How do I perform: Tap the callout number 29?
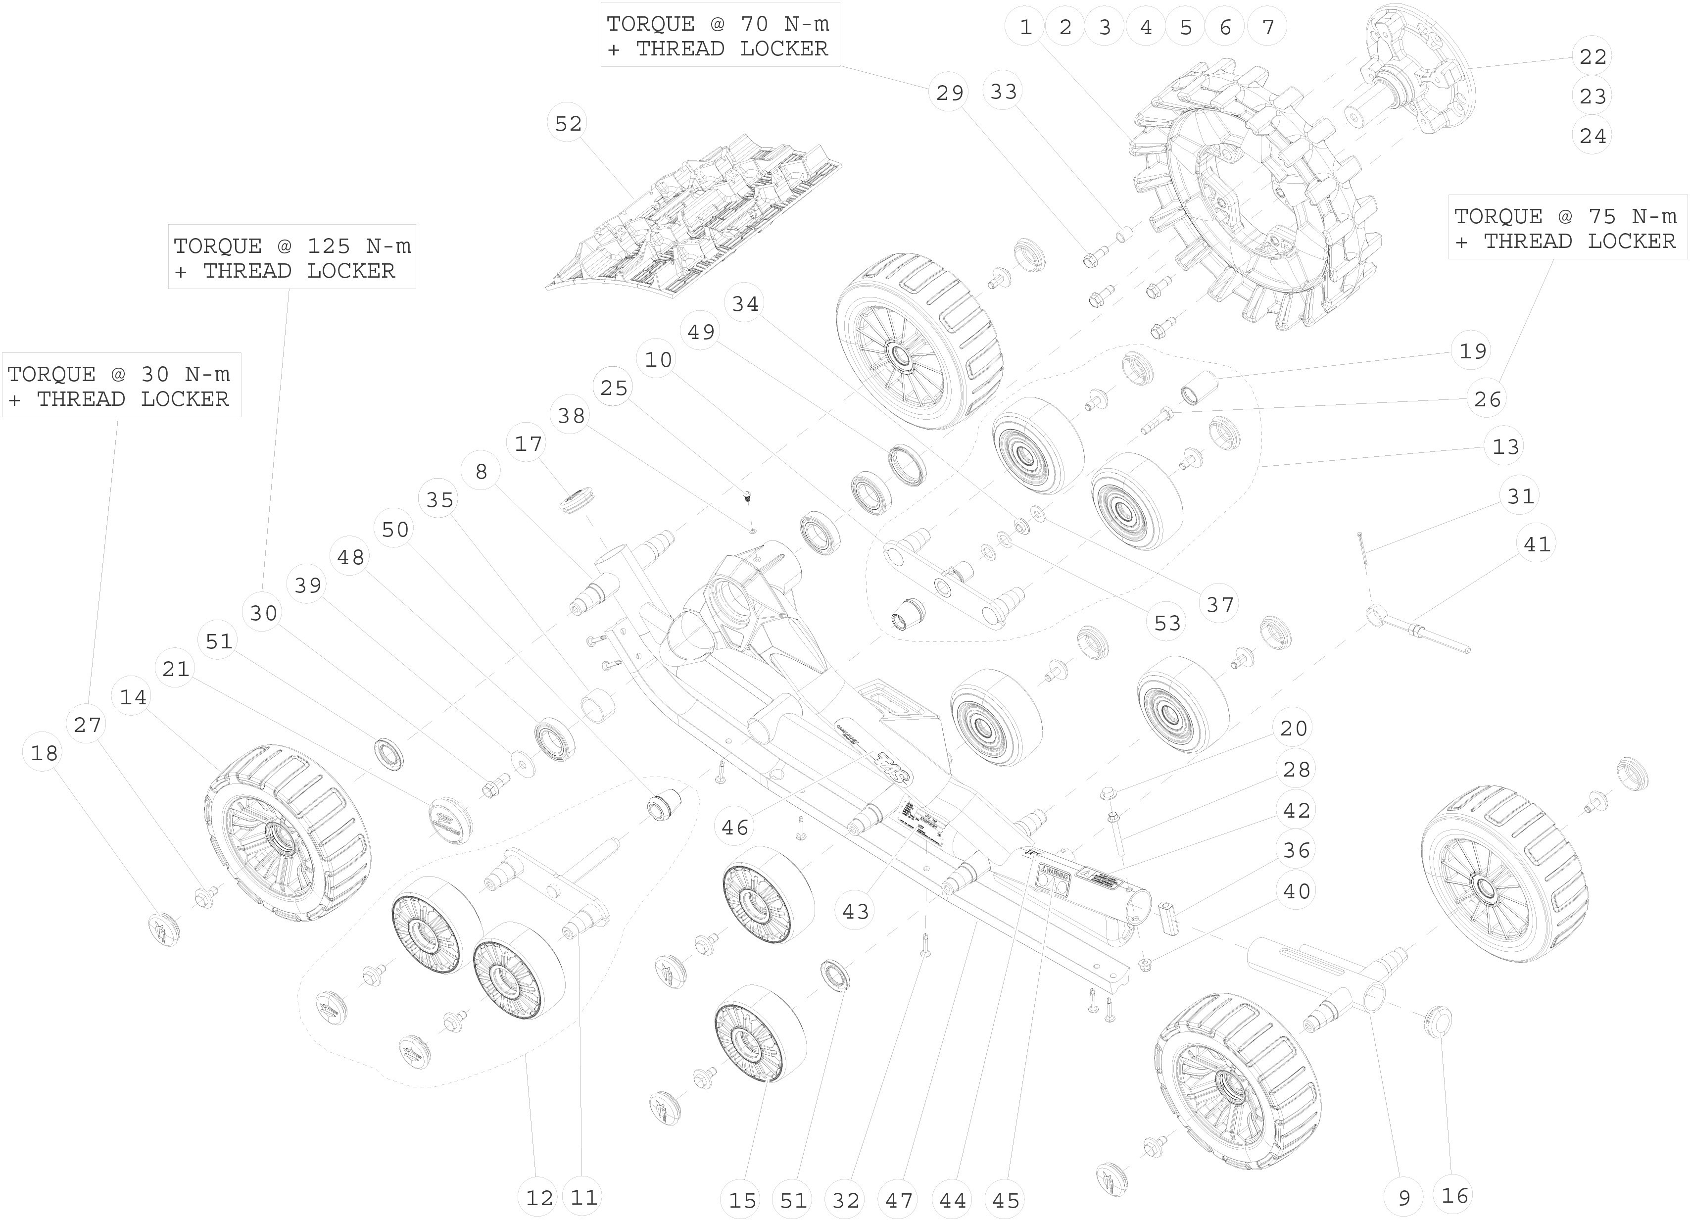[949, 93]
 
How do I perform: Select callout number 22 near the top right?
[1593, 56]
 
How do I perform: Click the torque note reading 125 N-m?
[291, 257]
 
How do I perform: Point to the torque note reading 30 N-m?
[121, 386]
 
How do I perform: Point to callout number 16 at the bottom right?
[1454, 1196]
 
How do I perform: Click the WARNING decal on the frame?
[1055, 883]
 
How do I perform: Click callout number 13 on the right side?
[1505, 446]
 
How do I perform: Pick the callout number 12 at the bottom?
[539, 1198]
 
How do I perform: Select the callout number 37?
[1220, 604]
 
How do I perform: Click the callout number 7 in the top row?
[1267, 28]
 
